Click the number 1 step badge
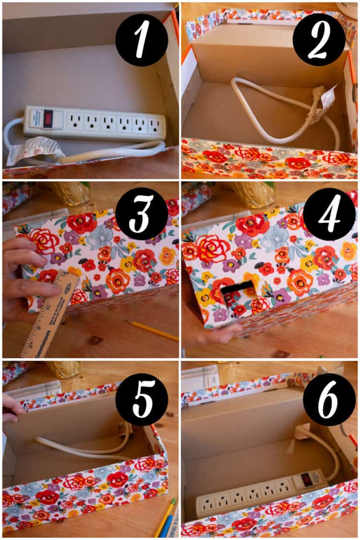[142, 40]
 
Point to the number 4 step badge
[329, 214]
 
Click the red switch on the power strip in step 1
[48, 119]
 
